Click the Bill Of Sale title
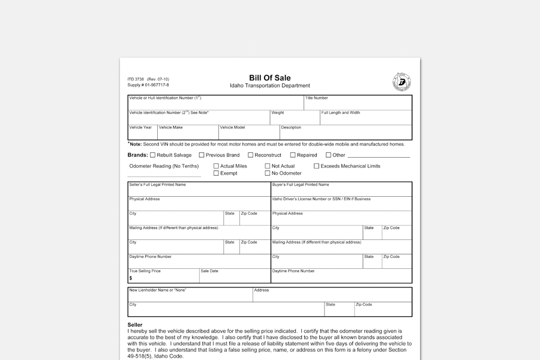269,78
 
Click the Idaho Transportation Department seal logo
401,82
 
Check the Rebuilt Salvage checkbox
152,155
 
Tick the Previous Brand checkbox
201,155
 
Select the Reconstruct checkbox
250,155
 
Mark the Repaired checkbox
293,155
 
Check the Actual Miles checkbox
216,166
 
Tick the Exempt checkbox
216,173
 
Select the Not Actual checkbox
268,166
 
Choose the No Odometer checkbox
268,173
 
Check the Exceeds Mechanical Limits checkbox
316,166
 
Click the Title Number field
358,104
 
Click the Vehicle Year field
142,134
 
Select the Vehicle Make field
188,134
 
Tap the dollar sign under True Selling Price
131,278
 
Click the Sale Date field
234,277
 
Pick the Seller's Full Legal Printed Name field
199,191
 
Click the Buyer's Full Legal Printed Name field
341,191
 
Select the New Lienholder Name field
190,296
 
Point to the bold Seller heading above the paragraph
135,325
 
